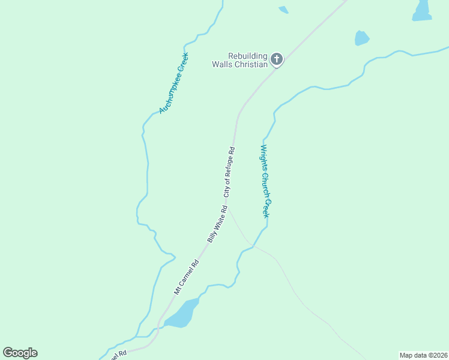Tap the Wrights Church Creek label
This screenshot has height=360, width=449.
[265, 181]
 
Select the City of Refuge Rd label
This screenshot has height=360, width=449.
[229, 172]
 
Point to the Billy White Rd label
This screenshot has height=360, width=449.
[217, 224]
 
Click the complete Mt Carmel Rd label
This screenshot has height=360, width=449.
[186, 277]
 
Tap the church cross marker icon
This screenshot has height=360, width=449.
[276, 59]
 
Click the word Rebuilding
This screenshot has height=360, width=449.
[247, 56]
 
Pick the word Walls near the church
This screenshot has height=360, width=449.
[222, 64]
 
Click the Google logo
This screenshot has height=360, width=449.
[20, 353]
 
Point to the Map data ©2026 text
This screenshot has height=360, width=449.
[423, 355]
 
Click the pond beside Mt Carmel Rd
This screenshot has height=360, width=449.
[182, 314]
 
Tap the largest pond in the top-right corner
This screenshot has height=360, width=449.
[423, 10]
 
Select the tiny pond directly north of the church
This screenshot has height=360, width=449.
[283, 10]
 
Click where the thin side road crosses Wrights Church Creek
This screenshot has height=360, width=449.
[253, 246]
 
